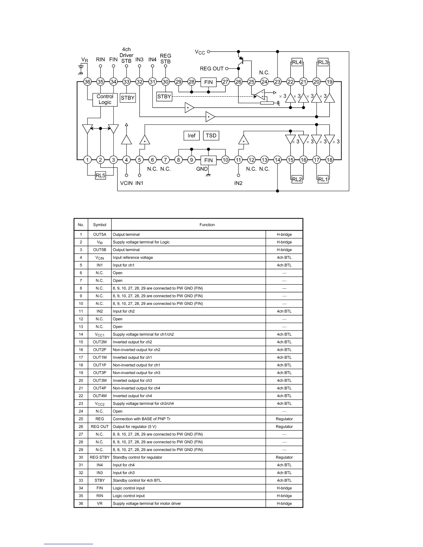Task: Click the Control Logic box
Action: (105, 99)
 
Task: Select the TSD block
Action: (211, 135)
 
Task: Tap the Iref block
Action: (191, 136)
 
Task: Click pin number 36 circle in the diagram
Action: (87, 82)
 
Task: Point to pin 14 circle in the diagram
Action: (278, 160)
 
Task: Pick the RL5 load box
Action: (100, 175)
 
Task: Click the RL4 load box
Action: (297, 63)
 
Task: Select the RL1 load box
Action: (323, 179)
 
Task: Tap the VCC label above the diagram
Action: (200, 52)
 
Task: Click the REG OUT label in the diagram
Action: (211, 69)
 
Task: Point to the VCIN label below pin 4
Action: (126, 183)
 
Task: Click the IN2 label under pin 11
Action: (238, 183)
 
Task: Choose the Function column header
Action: (207, 225)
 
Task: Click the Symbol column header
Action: (100, 225)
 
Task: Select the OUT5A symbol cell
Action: (100, 234)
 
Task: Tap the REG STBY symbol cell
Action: (100, 457)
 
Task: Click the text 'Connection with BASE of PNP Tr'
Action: (141, 419)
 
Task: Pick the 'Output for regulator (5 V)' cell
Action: (134, 426)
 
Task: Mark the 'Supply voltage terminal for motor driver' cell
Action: (147, 503)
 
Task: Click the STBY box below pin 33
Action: (128, 98)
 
